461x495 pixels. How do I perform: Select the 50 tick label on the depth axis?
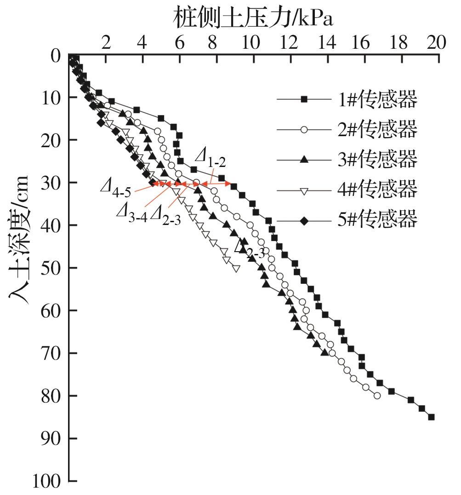coord(51,268)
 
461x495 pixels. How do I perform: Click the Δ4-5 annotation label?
coord(116,186)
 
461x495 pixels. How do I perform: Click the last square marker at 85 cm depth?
coord(431,417)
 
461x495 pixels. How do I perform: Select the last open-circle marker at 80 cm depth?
coord(377,396)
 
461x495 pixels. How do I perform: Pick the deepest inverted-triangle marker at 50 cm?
coord(236,268)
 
